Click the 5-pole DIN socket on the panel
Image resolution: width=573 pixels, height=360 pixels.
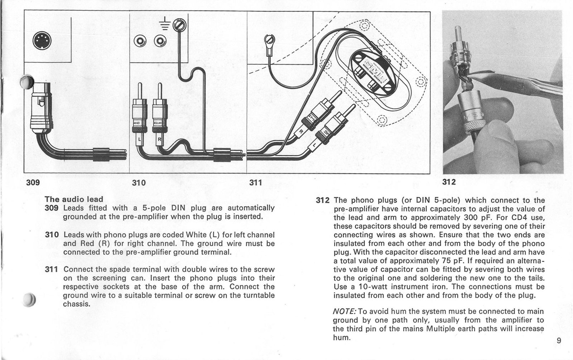tap(42, 42)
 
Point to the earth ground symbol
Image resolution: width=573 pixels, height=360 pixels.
tap(164, 24)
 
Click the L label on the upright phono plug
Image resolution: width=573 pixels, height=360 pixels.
tap(140, 138)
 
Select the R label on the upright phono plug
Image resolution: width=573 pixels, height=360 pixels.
tap(160, 138)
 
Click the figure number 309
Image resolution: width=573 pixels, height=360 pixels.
tap(33, 183)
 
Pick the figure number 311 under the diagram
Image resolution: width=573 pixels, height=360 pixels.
tap(255, 183)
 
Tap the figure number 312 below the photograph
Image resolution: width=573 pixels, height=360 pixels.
tap(449, 182)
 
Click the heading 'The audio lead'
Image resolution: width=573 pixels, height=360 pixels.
tap(74, 199)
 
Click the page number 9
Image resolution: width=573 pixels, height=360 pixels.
tap(559, 341)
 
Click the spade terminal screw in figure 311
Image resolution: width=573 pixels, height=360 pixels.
tap(270, 38)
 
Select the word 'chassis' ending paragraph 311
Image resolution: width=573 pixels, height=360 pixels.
tap(76, 304)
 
